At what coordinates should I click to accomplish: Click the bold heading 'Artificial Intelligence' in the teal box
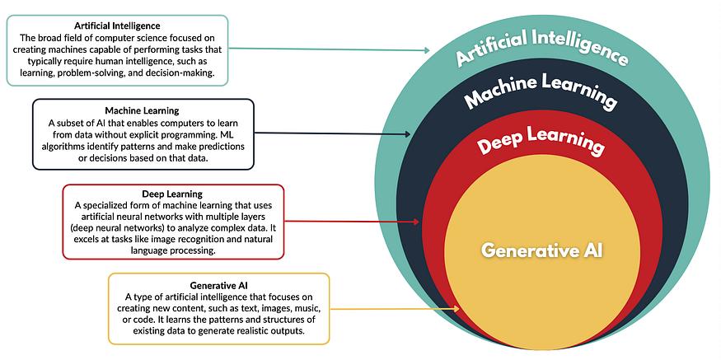(x=116, y=26)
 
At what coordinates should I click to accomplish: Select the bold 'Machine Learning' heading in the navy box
(x=143, y=110)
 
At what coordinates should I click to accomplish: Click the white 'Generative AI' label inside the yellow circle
(x=541, y=249)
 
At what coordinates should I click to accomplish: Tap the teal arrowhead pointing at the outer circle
(x=426, y=51)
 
